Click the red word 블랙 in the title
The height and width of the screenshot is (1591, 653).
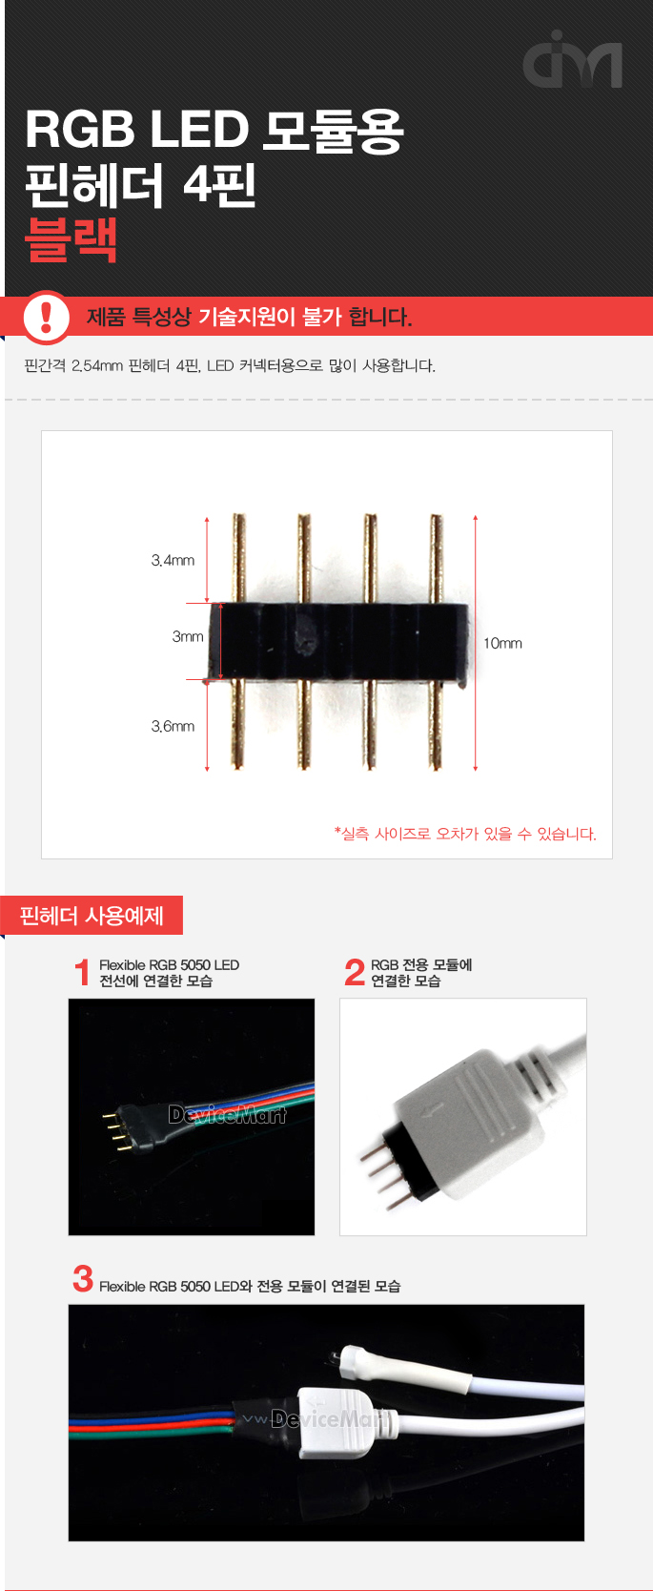tap(71, 239)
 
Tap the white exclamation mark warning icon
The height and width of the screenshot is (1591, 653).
tap(46, 317)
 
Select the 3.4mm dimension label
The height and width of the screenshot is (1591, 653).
tap(173, 560)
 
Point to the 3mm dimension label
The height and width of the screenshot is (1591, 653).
tap(188, 636)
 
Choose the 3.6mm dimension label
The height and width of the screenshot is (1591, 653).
tap(173, 726)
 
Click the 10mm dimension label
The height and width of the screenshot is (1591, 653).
tap(502, 643)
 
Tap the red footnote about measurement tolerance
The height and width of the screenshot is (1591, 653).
tap(465, 834)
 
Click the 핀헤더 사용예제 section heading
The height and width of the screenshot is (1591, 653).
tap(92, 916)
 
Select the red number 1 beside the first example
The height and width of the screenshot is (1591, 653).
tap(82, 973)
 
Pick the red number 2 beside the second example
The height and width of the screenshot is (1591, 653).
tap(354, 973)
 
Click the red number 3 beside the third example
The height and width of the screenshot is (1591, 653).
tap(83, 1279)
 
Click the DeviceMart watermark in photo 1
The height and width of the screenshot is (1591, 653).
tap(227, 1114)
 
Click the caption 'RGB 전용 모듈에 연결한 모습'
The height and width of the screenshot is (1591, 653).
tap(420, 973)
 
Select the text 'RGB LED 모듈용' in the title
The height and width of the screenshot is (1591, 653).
tap(214, 130)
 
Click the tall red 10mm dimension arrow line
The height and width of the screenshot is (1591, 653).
tap(476, 643)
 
